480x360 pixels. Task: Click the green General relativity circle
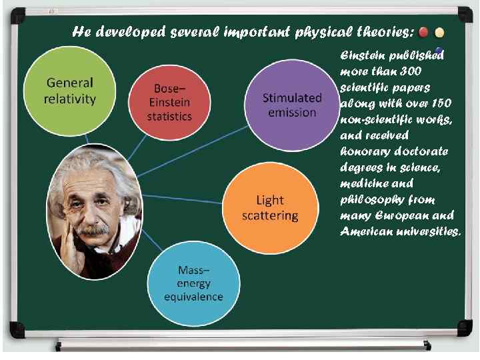click(69, 91)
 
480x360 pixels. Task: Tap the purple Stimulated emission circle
click(292, 105)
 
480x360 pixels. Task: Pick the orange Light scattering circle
click(269, 207)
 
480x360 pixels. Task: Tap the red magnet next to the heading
click(424, 32)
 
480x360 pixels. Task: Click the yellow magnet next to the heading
click(440, 32)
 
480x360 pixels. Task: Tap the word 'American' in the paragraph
click(365, 231)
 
